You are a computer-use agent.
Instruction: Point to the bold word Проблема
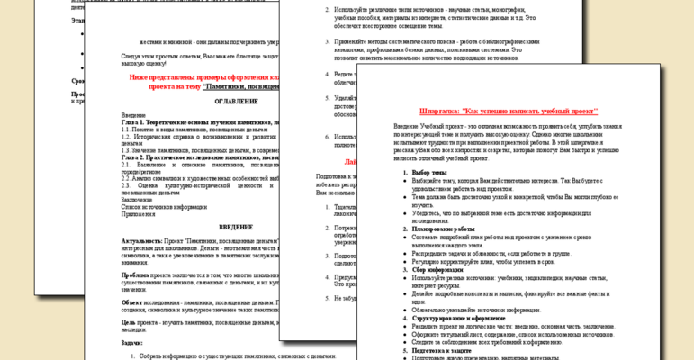[135, 274]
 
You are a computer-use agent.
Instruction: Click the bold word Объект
[132, 301]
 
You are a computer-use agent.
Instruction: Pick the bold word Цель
[129, 321]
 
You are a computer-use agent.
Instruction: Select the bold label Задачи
[131, 342]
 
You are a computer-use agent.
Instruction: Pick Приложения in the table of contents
[140, 214]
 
